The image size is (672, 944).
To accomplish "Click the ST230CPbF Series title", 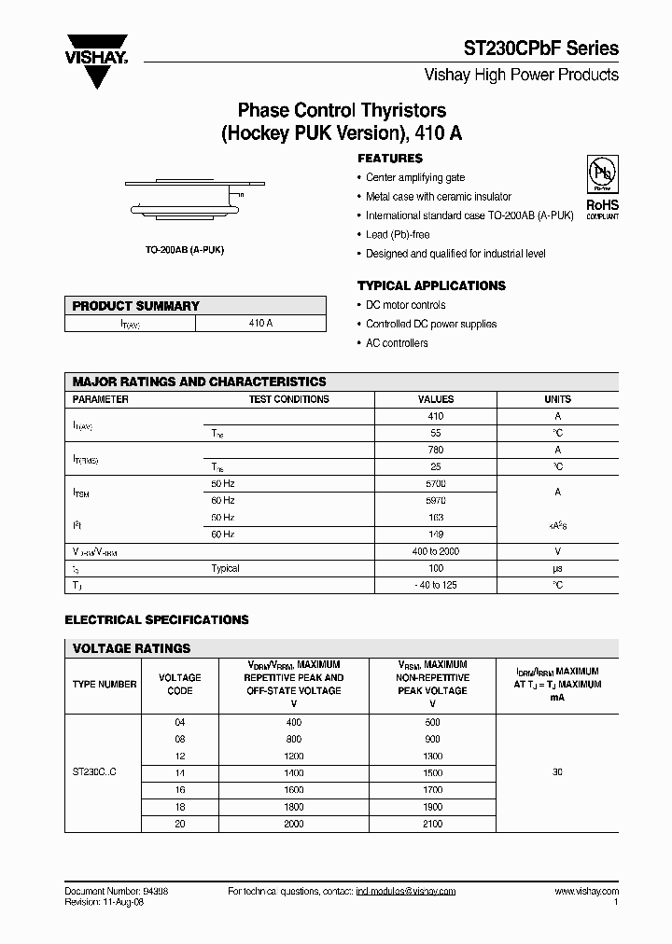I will tap(541, 49).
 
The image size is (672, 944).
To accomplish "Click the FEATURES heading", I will tap(390, 159).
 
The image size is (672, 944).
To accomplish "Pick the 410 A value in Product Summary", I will tap(260, 323).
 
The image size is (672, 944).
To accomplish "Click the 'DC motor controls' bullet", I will tap(405, 305).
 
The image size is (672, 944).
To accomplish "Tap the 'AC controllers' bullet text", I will tap(397, 343).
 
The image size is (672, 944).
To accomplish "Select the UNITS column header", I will tap(557, 399).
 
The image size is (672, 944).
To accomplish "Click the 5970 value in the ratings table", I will tap(435, 501).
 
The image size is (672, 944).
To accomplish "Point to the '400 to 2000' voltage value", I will tap(435, 551).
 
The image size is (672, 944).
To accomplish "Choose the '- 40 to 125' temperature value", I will tap(435, 585).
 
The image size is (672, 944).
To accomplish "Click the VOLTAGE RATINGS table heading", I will tap(132, 648).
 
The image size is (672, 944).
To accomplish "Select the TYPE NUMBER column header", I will tap(105, 684).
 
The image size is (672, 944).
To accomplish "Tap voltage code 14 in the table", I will tap(180, 773).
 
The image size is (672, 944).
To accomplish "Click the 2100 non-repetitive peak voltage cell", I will tap(432, 824).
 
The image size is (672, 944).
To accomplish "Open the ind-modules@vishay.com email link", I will tap(406, 892).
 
